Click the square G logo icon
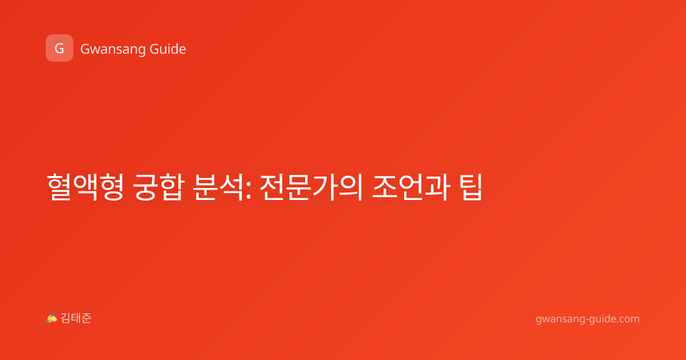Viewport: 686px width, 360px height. coord(59,48)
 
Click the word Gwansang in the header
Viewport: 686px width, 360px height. coord(113,50)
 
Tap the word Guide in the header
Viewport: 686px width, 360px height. coord(167,49)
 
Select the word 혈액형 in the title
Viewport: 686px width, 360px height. coord(85,187)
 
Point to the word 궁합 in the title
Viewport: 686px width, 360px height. coord(159,187)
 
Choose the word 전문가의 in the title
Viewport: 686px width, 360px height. coord(311,187)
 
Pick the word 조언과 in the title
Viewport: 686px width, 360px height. coord(411,187)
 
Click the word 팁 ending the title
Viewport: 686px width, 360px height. coord(471,187)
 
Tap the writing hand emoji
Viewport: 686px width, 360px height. coord(51,318)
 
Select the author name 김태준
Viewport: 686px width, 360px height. coord(76,318)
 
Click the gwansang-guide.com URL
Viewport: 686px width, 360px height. coord(588,319)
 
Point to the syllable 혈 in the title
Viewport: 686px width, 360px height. coord(59,187)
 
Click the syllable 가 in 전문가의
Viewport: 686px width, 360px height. coord(324,187)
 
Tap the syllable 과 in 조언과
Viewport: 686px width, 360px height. coord(438,187)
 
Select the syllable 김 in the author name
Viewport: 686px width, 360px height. coord(66,318)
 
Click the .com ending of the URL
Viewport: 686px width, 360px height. coord(627,319)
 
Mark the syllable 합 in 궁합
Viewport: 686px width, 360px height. coord(173,187)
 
